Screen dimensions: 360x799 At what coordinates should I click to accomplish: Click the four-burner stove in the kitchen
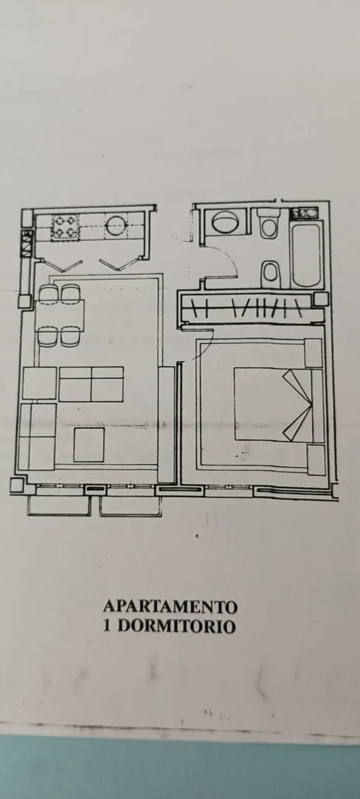coord(65,227)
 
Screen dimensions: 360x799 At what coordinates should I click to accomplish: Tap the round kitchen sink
coord(116,225)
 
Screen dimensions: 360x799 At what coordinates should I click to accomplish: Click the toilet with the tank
coord(268,223)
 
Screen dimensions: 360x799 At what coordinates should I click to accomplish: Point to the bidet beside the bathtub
coord(270,273)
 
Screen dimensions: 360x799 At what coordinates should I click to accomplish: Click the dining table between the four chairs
coord(60,316)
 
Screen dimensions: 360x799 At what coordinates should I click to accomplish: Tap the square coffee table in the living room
coord(89,445)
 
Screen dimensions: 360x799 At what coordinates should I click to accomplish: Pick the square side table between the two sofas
coord(39,383)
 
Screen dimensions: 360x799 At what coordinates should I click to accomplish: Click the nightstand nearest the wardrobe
coord(313,353)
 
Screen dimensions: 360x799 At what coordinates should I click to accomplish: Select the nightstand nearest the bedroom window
coord(316,460)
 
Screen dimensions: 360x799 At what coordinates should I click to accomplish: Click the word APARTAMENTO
coord(170,607)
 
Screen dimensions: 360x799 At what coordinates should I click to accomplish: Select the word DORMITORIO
coord(177,626)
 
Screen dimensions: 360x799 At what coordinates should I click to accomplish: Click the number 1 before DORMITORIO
coord(107,626)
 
